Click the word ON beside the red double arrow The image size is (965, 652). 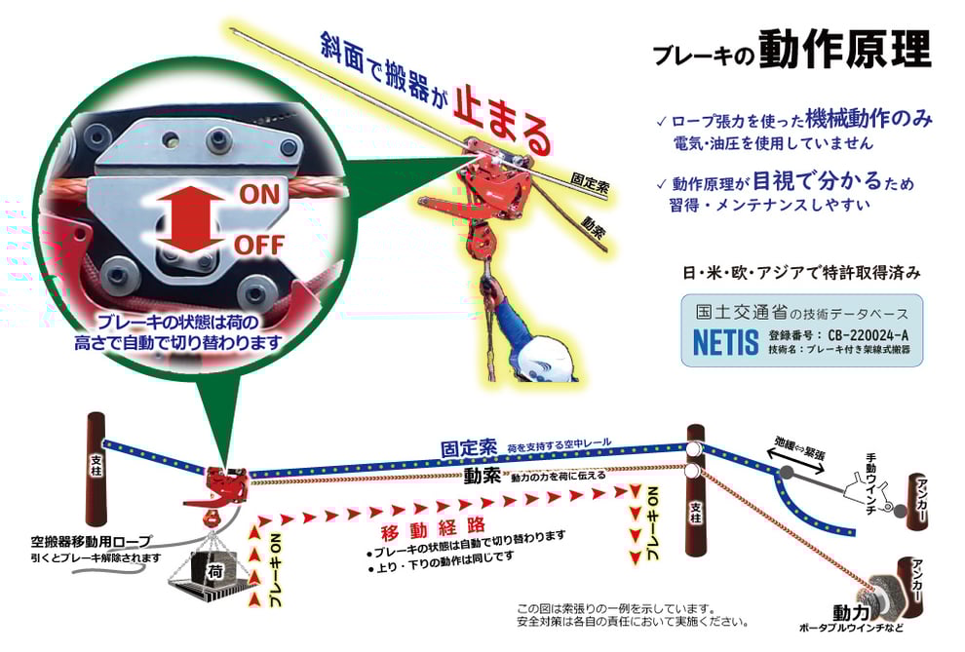pyautogui.click(x=259, y=194)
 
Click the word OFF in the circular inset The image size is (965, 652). pyautogui.click(x=259, y=246)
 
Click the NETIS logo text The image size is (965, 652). pyautogui.click(x=725, y=343)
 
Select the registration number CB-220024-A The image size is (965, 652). pyautogui.click(x=868, y=335)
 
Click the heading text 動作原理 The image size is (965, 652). pyautogui.click(x=844, y=49)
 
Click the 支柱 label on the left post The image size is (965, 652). pyautogui.click(x=96, y=465)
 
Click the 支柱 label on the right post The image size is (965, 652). pyautogui.click(x=695, y=513)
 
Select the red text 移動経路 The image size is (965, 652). pyautogui.click(x=433, y=529)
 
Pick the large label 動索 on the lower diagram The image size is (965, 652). pyautogui.click(x=482, y=475)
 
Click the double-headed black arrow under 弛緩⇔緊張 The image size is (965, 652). pyautogui.click(x=796, y=461)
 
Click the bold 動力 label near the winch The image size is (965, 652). pyautogui.click(x=852, y=613)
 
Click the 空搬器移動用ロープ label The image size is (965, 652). pyautogui.click(x=91, y=542)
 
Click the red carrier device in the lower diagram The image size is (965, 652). pyautogui.click(x=223, y=487)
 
